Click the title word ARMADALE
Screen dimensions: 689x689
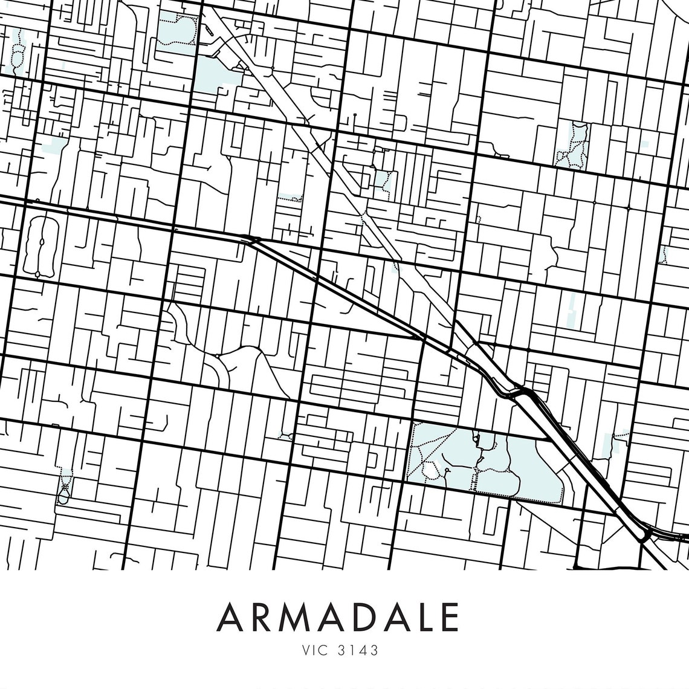[338, 617]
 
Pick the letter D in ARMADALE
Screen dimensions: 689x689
[367, 617]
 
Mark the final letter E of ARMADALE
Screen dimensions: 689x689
[448, 617]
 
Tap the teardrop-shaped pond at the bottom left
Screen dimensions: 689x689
[63, 498]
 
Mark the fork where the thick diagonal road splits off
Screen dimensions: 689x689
[249, 240]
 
